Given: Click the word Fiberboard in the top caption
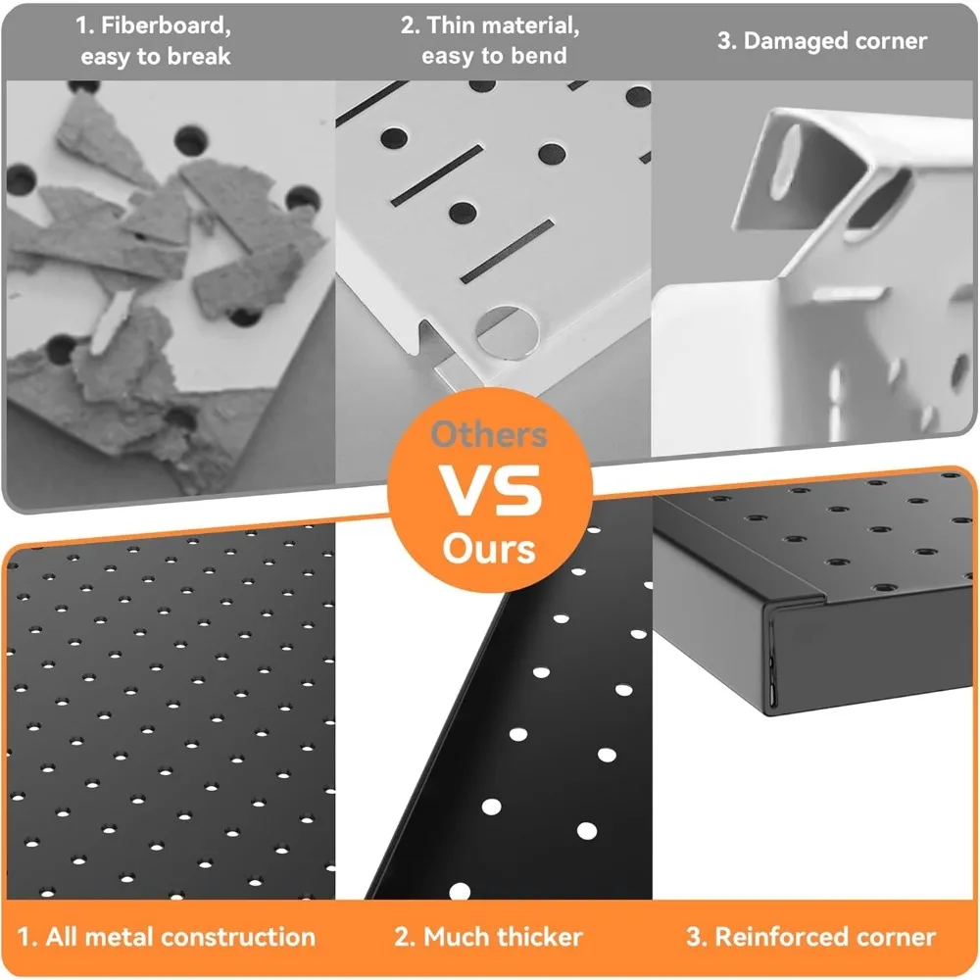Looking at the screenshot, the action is click(x=166, y=25).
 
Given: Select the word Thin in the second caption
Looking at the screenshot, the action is click(x=451, y=25).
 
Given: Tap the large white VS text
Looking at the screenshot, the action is click(x=490, y=491).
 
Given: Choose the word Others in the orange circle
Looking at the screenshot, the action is click(x=489, y=434).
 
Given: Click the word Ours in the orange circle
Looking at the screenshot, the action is click(x=489, y=550).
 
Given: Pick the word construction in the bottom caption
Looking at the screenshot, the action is click(x=238, y=937).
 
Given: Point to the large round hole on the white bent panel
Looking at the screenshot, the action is click(x=508, y=332).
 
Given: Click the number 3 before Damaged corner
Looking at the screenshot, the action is click(x=725, y=41).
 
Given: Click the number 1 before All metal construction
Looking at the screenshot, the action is click(x=24, y=937).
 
